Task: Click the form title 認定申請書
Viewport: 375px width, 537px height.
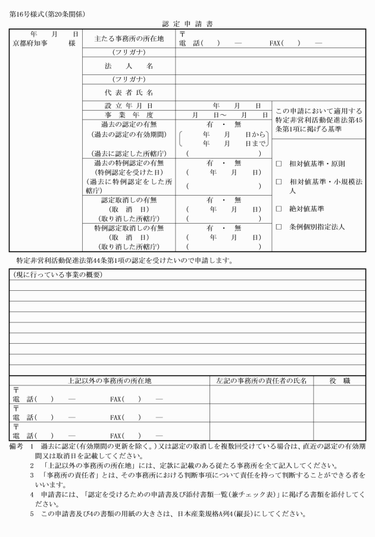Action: coord(187,24)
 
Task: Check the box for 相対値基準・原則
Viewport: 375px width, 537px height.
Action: coord(279,164)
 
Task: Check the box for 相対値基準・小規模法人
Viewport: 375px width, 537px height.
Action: coord(279,181)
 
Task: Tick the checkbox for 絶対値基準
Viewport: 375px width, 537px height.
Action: coord(279,209)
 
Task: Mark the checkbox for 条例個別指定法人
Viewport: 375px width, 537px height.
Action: coord(279,227)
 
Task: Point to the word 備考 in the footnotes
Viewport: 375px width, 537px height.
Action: coord(17,445)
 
